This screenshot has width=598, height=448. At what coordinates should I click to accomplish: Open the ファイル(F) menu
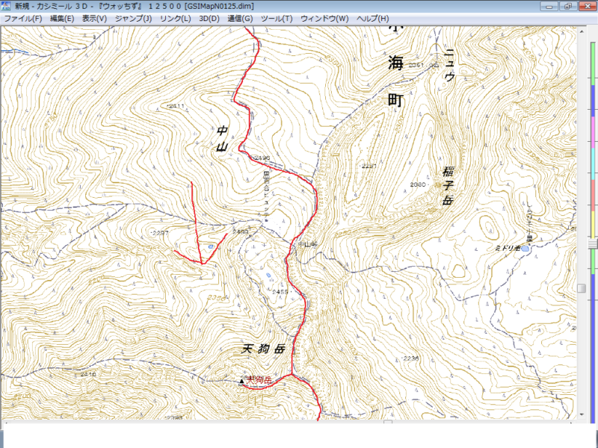22,18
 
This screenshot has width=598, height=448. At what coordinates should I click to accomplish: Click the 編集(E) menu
60,18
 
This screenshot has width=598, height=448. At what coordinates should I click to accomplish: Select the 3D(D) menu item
211,18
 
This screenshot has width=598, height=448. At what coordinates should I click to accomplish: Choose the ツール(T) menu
277,18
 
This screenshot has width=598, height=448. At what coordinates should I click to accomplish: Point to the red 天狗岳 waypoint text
259,380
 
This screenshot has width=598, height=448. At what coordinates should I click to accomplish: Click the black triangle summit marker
241,381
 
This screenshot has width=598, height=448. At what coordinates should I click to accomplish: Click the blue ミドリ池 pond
525,247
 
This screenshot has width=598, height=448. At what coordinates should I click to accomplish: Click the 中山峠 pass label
307,244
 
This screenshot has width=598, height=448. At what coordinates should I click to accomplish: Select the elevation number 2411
177,106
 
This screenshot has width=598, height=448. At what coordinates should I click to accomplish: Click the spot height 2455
280,291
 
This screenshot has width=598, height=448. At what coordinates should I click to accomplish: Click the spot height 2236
410,358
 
